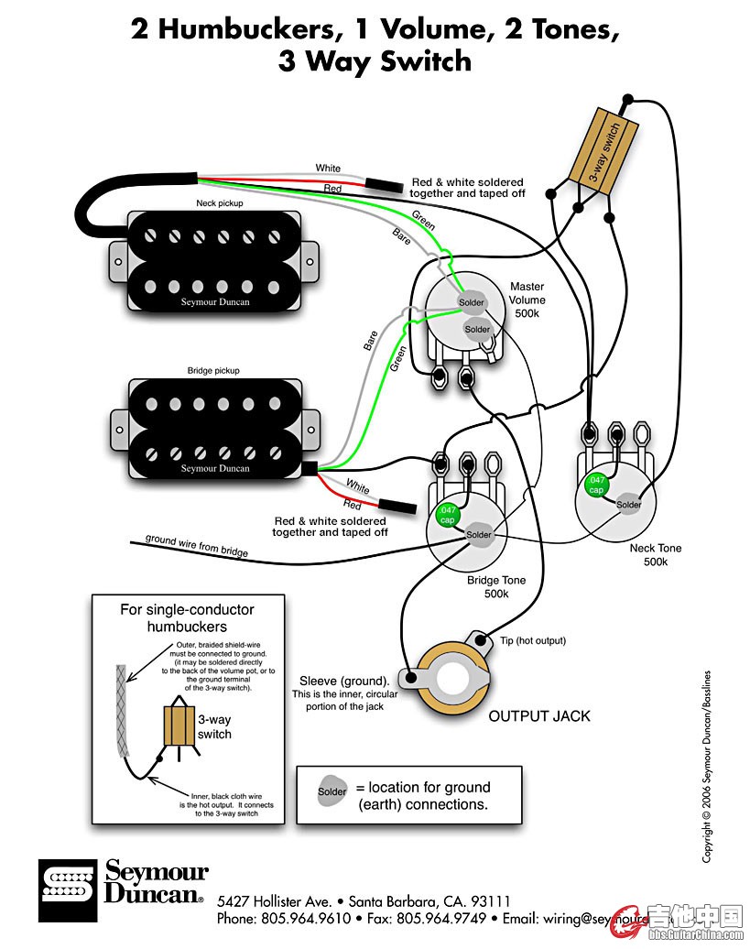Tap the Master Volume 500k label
tap(527, 300)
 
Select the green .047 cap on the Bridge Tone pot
tap(448, 515)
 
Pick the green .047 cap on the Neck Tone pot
tap(597, 485)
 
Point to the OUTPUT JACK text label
tap(539, 715)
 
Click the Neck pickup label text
tap(220, 203)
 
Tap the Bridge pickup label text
tap(214, 371)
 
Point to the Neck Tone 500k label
tap(656, 555)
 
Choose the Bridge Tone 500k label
tap(495, 587)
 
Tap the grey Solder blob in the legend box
tap(332, 791)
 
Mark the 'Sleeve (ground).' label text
tap(343, 682)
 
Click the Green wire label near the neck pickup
tap(423, 221)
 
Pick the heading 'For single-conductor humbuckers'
tap(187, 618)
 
